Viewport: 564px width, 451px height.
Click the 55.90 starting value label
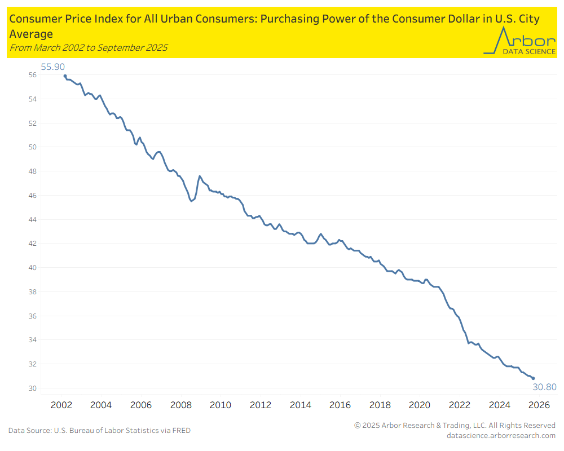pyautogui.click(x=53, y=67)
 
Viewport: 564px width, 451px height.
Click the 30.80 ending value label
pyautogui.click(x=544, y=387)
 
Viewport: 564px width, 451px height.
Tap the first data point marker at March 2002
pyautogui.click(x=65, y=76)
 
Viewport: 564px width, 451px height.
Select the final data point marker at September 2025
pyautogui.click(x=533, y=378)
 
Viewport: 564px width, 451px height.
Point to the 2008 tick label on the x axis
pyautogui.click(x=180, y=405)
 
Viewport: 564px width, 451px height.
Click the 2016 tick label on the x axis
pyautogui.click(x=340, y=405)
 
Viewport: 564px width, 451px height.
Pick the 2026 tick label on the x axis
pyautogui.click(x=539, y=405)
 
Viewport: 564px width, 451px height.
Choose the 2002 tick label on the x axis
pyautogui.click(x=61, y=405)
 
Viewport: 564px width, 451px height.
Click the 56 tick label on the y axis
pyautogui.click(x=33, y=75)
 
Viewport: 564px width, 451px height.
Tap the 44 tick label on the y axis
pyautogui.click(x=33, y=219)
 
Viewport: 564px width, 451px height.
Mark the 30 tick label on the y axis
pyautogui.click(x=33, y=388)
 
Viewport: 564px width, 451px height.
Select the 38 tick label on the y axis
pyautogui.click(x=33, y=292)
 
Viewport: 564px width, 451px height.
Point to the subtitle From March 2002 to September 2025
pyautogui.click(x=88, y=47)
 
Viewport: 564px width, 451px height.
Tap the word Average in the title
pyautogui.click(x=31, y=34)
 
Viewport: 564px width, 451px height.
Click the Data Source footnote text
pyautogui.click(x=99, y=431)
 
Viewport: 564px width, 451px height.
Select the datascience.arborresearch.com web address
pyautogui.click(x=501, y=435)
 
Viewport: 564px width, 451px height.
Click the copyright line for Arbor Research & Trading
pyautogui.click(x=455, y=425)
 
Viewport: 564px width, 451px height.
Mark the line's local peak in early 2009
pyautogui.click(x=200, y=176)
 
